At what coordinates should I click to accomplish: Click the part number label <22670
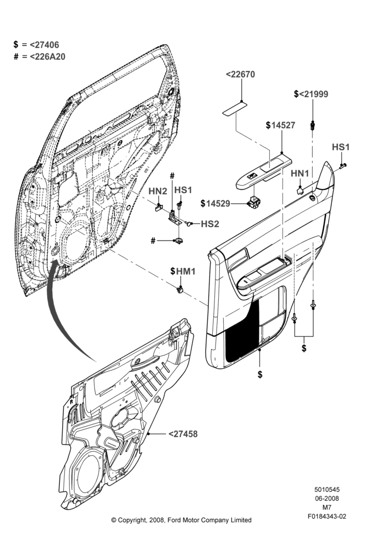(x=240, y=74)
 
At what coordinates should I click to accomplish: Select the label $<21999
(x=311, y=94)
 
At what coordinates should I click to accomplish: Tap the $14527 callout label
(x=280, y=125)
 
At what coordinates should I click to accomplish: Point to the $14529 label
(x=215, y=204)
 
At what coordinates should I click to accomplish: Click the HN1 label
(x=300, y=173)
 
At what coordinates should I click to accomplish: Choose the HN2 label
(x=158, y=191)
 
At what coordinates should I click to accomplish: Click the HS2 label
(x=210, y=224)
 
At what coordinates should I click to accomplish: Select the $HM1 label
(x=183, y=271)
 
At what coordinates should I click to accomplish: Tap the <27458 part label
(x=183, y=434)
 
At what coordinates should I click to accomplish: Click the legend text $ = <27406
(x=36, y=44)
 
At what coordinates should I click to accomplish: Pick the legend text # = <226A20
(x=40, y=57)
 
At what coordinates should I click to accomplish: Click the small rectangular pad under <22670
(x=234, y=108)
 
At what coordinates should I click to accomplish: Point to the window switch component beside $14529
(x=253, y=201)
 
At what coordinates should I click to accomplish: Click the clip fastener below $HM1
(x=180, y=289)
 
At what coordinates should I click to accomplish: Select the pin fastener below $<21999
(x=312, y=125)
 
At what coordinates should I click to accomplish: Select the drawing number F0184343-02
(x=327, y=516)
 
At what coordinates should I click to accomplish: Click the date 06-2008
(x=327, y=498)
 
